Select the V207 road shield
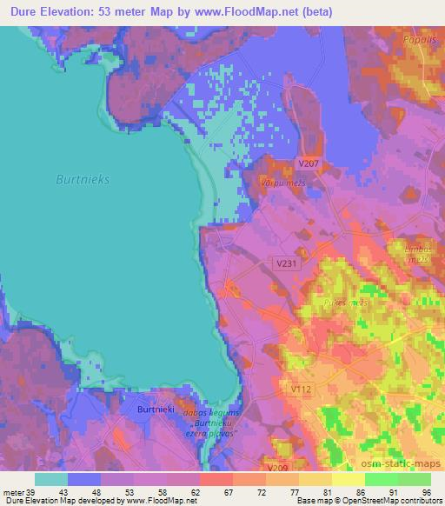(307, 163)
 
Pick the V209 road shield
(278, 469)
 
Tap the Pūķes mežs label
(346, 303)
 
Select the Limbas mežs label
(419, 254)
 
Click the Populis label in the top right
(417, 39)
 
